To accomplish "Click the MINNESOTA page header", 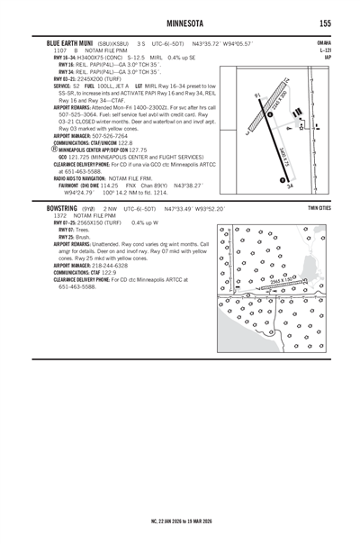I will [x=179, y=22].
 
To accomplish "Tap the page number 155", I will [x=323, y=22].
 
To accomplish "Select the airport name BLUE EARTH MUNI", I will [x=67, y=42].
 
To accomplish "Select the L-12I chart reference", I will [x=325, y=50].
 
